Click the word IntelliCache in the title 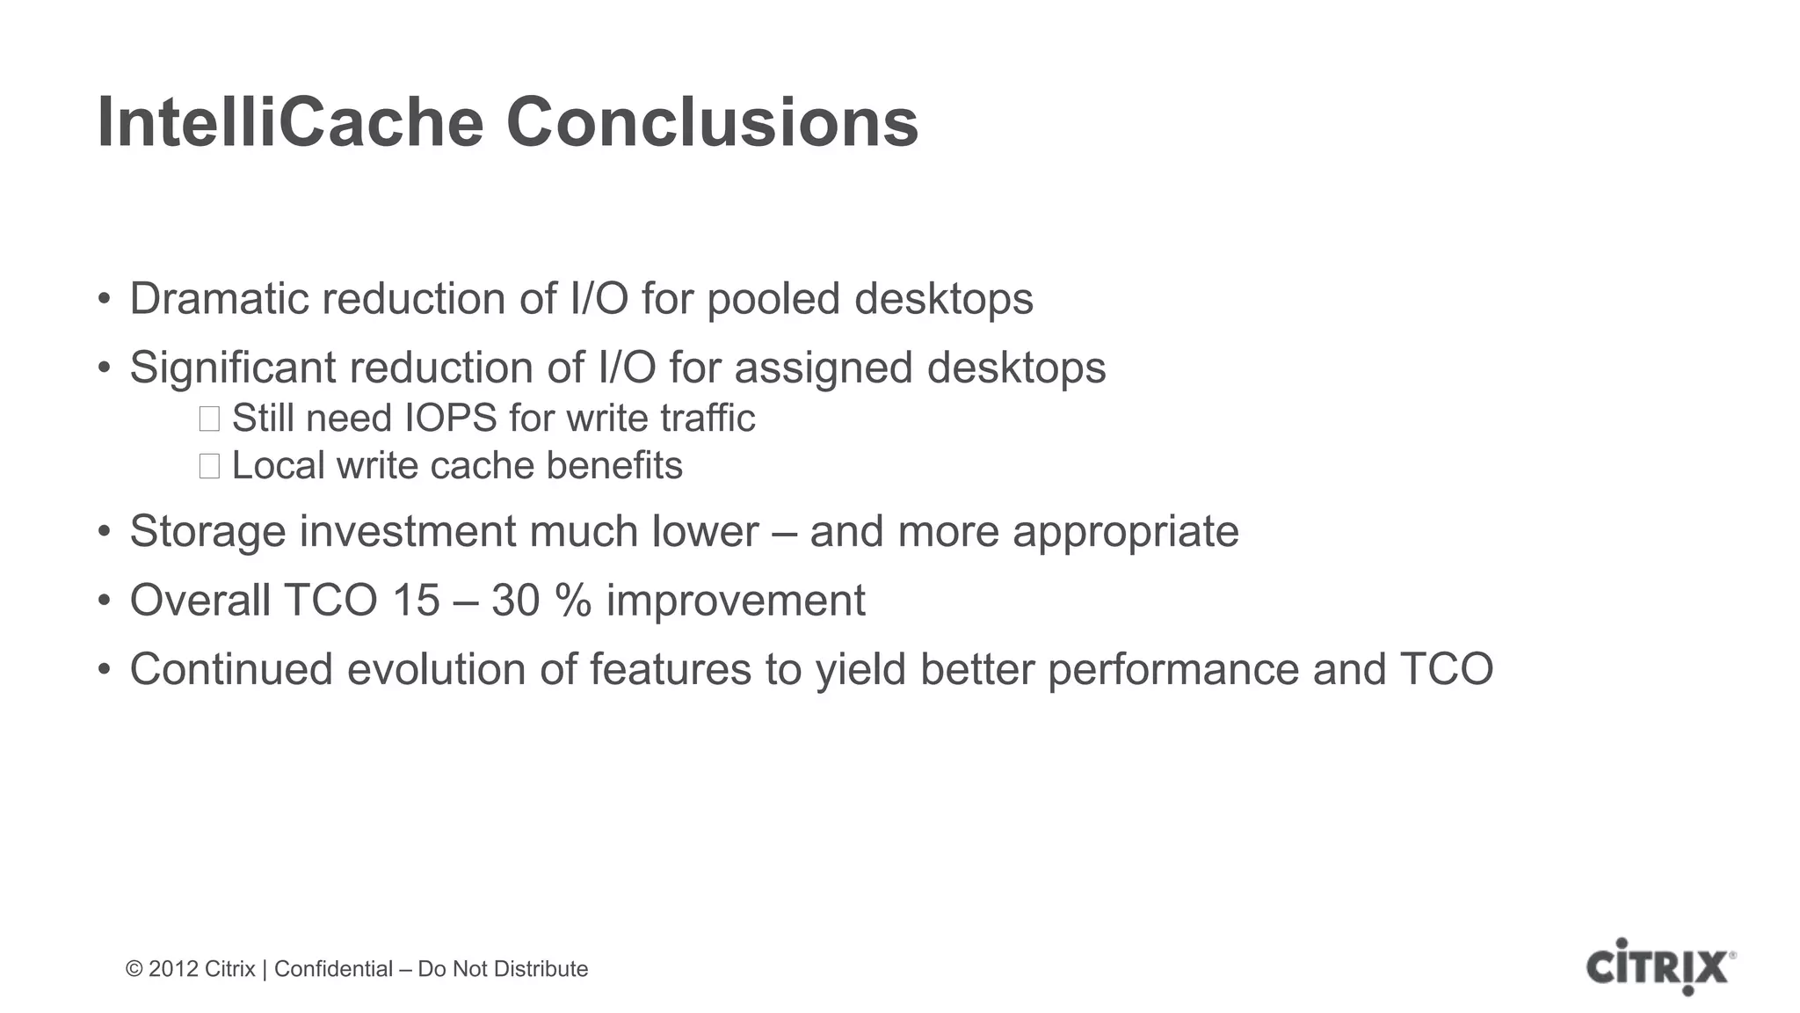pyautogui.click(x=290, y=123)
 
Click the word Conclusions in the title pyautogui.click(x=712, y=123)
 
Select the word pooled pyautogui.click(x=773, y=299)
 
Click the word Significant pyautogui.click(x=233, y=368)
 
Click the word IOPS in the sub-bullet pyautogui.click(x=450, y=419)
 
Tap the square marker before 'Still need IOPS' pyautogui.click(x=209, y=419)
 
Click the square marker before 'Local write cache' pyautogui.click(x=209, y=466)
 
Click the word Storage pyautogui.click(x=207, y=532)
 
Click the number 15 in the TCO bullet pyautogui.click(x=416, y=601)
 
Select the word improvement pyautogui.click(x=736, y=601)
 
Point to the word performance pyautogui.click(x=1172, y=669)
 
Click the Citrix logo pyautogui.click(x=1660, y=967)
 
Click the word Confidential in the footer pyautogui.click(x=333, y=969)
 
